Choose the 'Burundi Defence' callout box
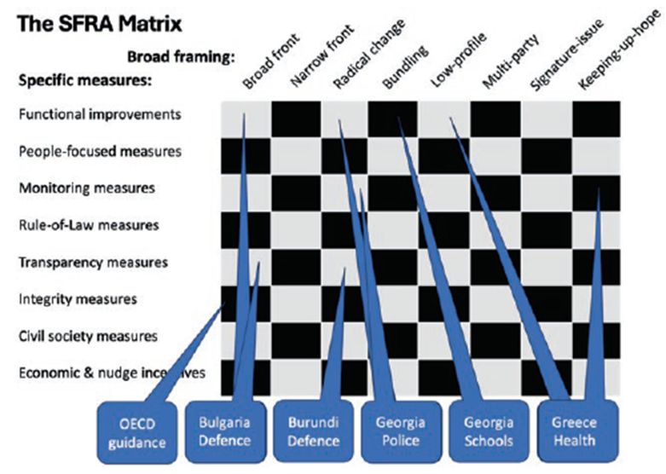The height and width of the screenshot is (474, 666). (x=312, y=431)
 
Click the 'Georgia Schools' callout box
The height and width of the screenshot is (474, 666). (x=488, y=431)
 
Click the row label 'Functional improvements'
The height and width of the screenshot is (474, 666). (x=100, y=113)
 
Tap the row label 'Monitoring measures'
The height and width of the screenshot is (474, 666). (x=86, y=188)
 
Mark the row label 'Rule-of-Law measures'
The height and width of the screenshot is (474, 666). (x=89, y=225)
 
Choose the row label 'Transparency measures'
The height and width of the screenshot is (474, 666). (x=93, y=263)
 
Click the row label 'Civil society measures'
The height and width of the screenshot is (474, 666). (x=88, y=336)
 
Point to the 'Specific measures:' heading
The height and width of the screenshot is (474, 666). (x=83, y=83)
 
